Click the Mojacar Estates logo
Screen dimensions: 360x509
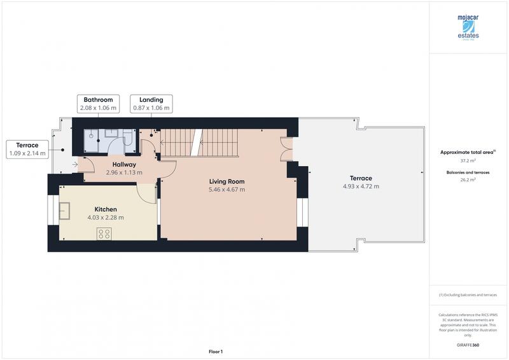tap(468, 27)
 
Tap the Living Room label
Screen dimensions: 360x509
tap(227, 181)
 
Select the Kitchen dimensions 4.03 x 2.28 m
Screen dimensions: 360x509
tap(106, 218)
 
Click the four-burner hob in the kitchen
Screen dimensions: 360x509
tap(104, 233)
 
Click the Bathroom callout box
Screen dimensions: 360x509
tap(98, 104)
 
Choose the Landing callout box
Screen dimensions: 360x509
tap(151, 104)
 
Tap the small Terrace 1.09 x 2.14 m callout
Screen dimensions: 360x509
tap(27, 149)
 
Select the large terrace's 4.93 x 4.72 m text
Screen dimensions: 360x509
tap(361, 186)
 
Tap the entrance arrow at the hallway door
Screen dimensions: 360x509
tap(76, 165)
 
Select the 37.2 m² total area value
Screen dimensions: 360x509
tap(468, 161)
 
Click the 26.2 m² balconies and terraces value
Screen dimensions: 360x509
tap(468, 180)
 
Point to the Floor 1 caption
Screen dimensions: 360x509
tap(216, 351)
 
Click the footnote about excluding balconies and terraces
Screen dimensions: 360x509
tap(468, 295)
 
